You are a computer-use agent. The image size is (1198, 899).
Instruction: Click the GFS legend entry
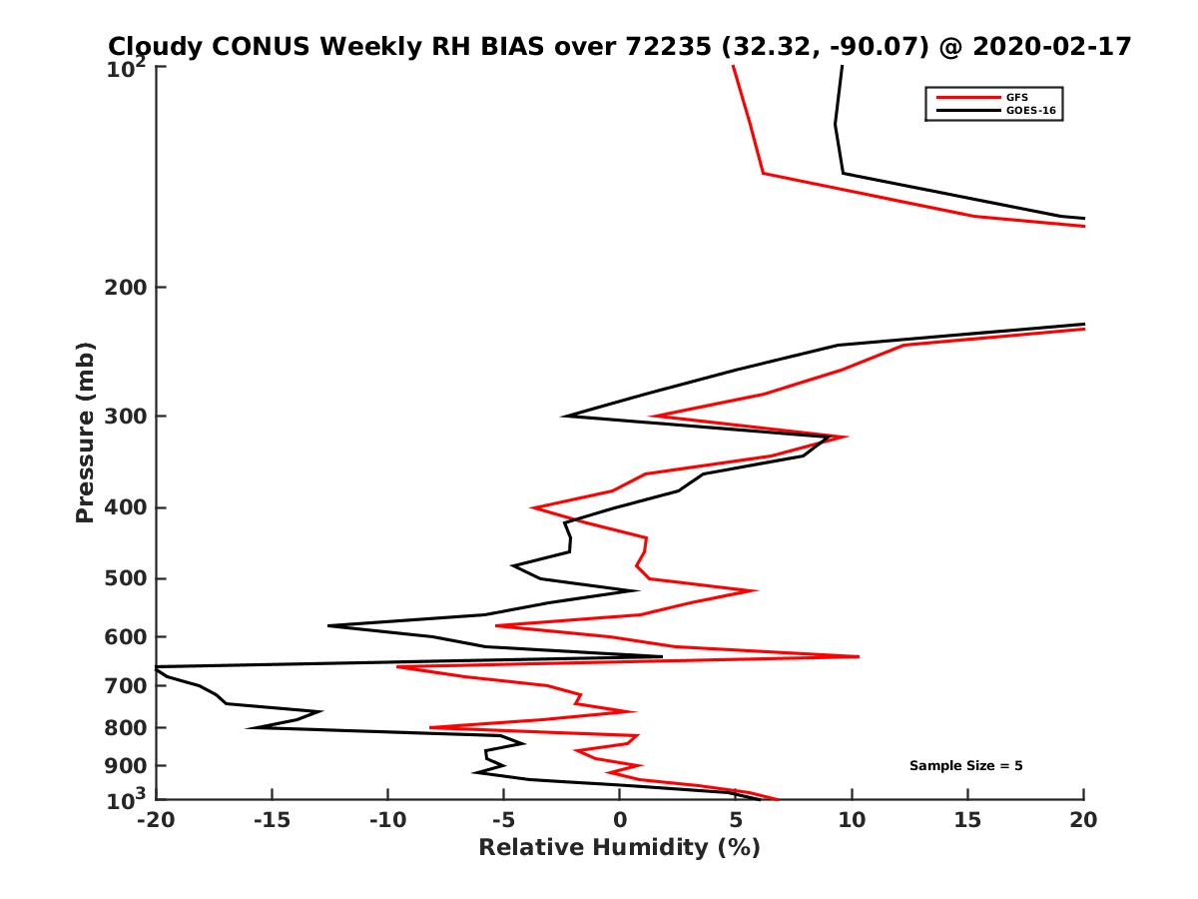pos(1017,97)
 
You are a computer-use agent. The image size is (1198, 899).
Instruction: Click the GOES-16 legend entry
pos(1030,111)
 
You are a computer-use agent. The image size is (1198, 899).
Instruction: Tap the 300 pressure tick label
pos(127,416)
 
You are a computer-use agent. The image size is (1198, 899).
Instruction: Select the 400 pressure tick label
pos(127,507)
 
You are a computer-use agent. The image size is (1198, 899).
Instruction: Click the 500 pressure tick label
pos(127,578)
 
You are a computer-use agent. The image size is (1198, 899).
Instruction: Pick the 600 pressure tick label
pos(127,636)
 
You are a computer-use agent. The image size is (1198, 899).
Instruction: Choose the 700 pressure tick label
pos(127,685)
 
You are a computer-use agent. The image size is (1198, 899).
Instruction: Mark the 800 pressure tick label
pos(127,727)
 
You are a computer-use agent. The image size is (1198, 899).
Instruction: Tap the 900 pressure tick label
pos(127,765)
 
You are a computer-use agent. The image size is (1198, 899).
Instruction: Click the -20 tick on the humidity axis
pos(155,821)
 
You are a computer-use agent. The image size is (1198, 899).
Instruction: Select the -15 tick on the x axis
pos(271,821)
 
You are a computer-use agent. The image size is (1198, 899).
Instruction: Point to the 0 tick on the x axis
pos(620,821)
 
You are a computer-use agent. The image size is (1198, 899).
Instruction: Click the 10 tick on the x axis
pos(852,821)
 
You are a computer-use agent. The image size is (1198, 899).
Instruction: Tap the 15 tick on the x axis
pos(967,821)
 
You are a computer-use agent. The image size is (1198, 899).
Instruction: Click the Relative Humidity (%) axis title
pos(619,848)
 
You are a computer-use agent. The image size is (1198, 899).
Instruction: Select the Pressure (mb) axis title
pos(85,433)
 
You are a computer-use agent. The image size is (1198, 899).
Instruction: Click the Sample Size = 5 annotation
pos(965,766)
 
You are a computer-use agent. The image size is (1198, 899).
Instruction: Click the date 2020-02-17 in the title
pos(1054,46)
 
